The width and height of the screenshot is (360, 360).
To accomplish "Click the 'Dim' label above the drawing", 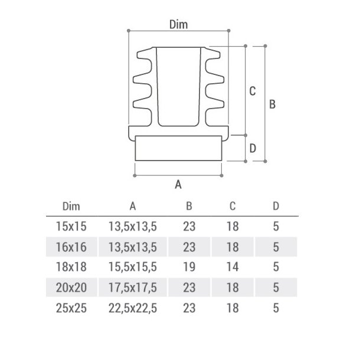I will [178, 24].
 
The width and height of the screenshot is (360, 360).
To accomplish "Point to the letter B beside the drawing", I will [272, 104].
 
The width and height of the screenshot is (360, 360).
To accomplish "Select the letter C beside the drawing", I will [252, 91].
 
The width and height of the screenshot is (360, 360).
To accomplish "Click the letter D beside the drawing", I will [252, 148].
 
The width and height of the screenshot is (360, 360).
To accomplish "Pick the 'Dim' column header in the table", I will [71, 206].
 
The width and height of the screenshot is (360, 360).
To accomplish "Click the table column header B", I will [189, 206].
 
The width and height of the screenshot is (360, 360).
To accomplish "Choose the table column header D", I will [276, 206].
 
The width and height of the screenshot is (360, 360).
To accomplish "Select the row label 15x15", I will [71, 226].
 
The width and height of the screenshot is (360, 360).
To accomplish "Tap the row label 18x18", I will [71, 267].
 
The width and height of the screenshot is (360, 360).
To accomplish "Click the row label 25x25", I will [71, 307].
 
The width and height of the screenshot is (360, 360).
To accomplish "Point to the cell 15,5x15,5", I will [133, 267].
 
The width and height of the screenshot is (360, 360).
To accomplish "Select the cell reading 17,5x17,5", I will [133, 287].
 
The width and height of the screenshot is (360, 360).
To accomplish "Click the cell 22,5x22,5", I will [133, 307].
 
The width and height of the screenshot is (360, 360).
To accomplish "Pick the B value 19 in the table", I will [189, 267].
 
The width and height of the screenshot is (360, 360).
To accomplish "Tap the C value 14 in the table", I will [232, 267].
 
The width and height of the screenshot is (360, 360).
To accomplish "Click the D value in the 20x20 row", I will [276, 287].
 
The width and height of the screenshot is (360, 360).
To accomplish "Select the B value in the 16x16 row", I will [189, 247].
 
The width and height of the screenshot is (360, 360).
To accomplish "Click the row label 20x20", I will [71, 287].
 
